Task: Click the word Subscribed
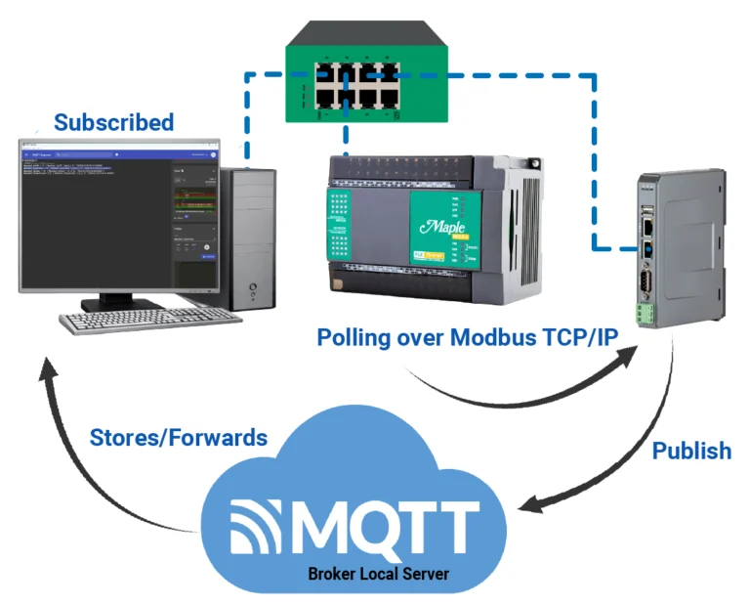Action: coord(113,123)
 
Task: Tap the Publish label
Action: coord(691,451)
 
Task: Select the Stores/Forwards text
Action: coord(179,437)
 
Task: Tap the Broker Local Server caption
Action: coord(378,574)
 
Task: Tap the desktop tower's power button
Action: coord(254,289)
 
